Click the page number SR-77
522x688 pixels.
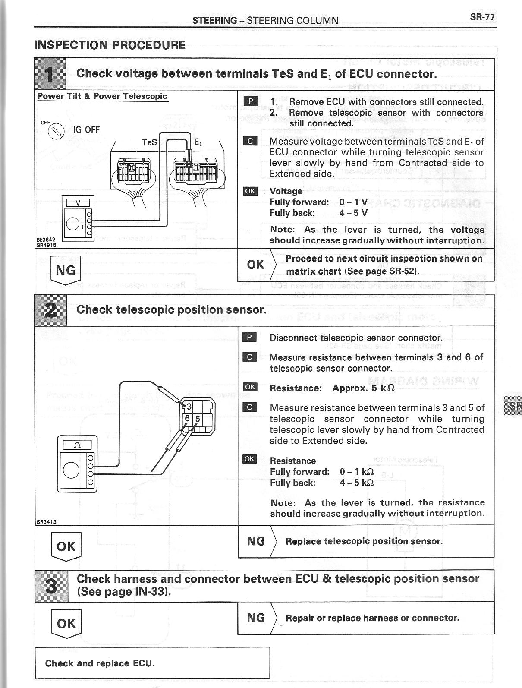482,17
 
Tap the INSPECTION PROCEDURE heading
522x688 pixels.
110,45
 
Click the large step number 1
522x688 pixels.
50,74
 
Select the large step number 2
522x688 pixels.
50,310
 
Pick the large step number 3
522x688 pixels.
51,586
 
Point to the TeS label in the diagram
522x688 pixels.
149,142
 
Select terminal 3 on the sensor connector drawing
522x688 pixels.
189,406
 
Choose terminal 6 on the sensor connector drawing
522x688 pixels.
188,418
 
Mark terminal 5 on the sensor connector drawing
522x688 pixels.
198,418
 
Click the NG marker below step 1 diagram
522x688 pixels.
66,270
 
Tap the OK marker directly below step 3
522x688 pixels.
66,624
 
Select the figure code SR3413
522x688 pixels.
46,521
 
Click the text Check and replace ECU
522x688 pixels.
100,663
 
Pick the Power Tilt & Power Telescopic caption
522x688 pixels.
102,96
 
